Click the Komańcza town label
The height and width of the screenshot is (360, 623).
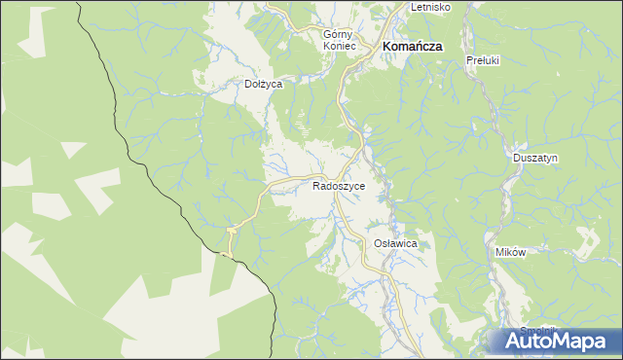[413, 46]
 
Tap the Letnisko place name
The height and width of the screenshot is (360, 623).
[429, 7]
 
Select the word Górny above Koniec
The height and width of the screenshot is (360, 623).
[342, 33]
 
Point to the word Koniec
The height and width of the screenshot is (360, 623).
[342, 46]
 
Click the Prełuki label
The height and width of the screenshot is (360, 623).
[483, 60]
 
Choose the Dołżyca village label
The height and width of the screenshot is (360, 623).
[263, 85]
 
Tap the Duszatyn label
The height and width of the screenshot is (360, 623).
[535, 158]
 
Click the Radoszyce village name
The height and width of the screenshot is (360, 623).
[339, 185]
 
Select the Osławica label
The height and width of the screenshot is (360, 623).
[395, 244]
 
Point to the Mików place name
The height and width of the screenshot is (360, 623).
[510, 252]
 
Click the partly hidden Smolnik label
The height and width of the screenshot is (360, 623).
[536, 330]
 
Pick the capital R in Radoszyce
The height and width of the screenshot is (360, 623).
[316, 185]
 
